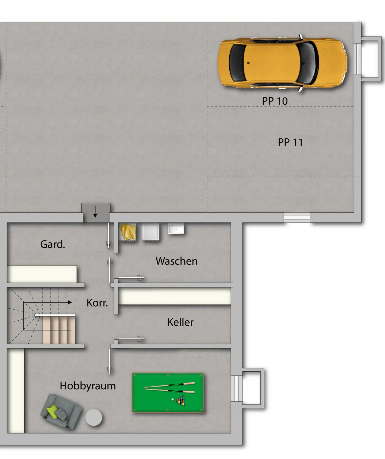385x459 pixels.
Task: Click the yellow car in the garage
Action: [x=282, y=63]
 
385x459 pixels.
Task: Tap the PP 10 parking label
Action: [x=275, y=101]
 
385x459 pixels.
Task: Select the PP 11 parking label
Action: [x=290, y=142]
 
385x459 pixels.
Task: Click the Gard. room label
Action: [x=52, y=244]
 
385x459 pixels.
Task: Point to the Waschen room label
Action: [x=176, y=261]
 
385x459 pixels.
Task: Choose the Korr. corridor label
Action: [x=97, y=303]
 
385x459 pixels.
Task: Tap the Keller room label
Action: [x=180, y=322]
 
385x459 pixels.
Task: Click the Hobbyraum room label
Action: [x=88, y=386]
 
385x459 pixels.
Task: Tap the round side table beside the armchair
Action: [x=94, y=417]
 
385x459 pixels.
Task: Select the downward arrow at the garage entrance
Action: [x=95, y=212]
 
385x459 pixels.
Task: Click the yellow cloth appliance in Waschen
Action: [x=128, y=232]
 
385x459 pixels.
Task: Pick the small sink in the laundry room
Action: [x=176, y=229]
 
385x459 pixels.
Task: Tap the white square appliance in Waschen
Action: [x=150, y=232]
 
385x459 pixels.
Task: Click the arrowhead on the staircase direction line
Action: [x=70, y=302]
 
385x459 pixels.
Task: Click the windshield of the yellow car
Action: [x=307, y=63]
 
